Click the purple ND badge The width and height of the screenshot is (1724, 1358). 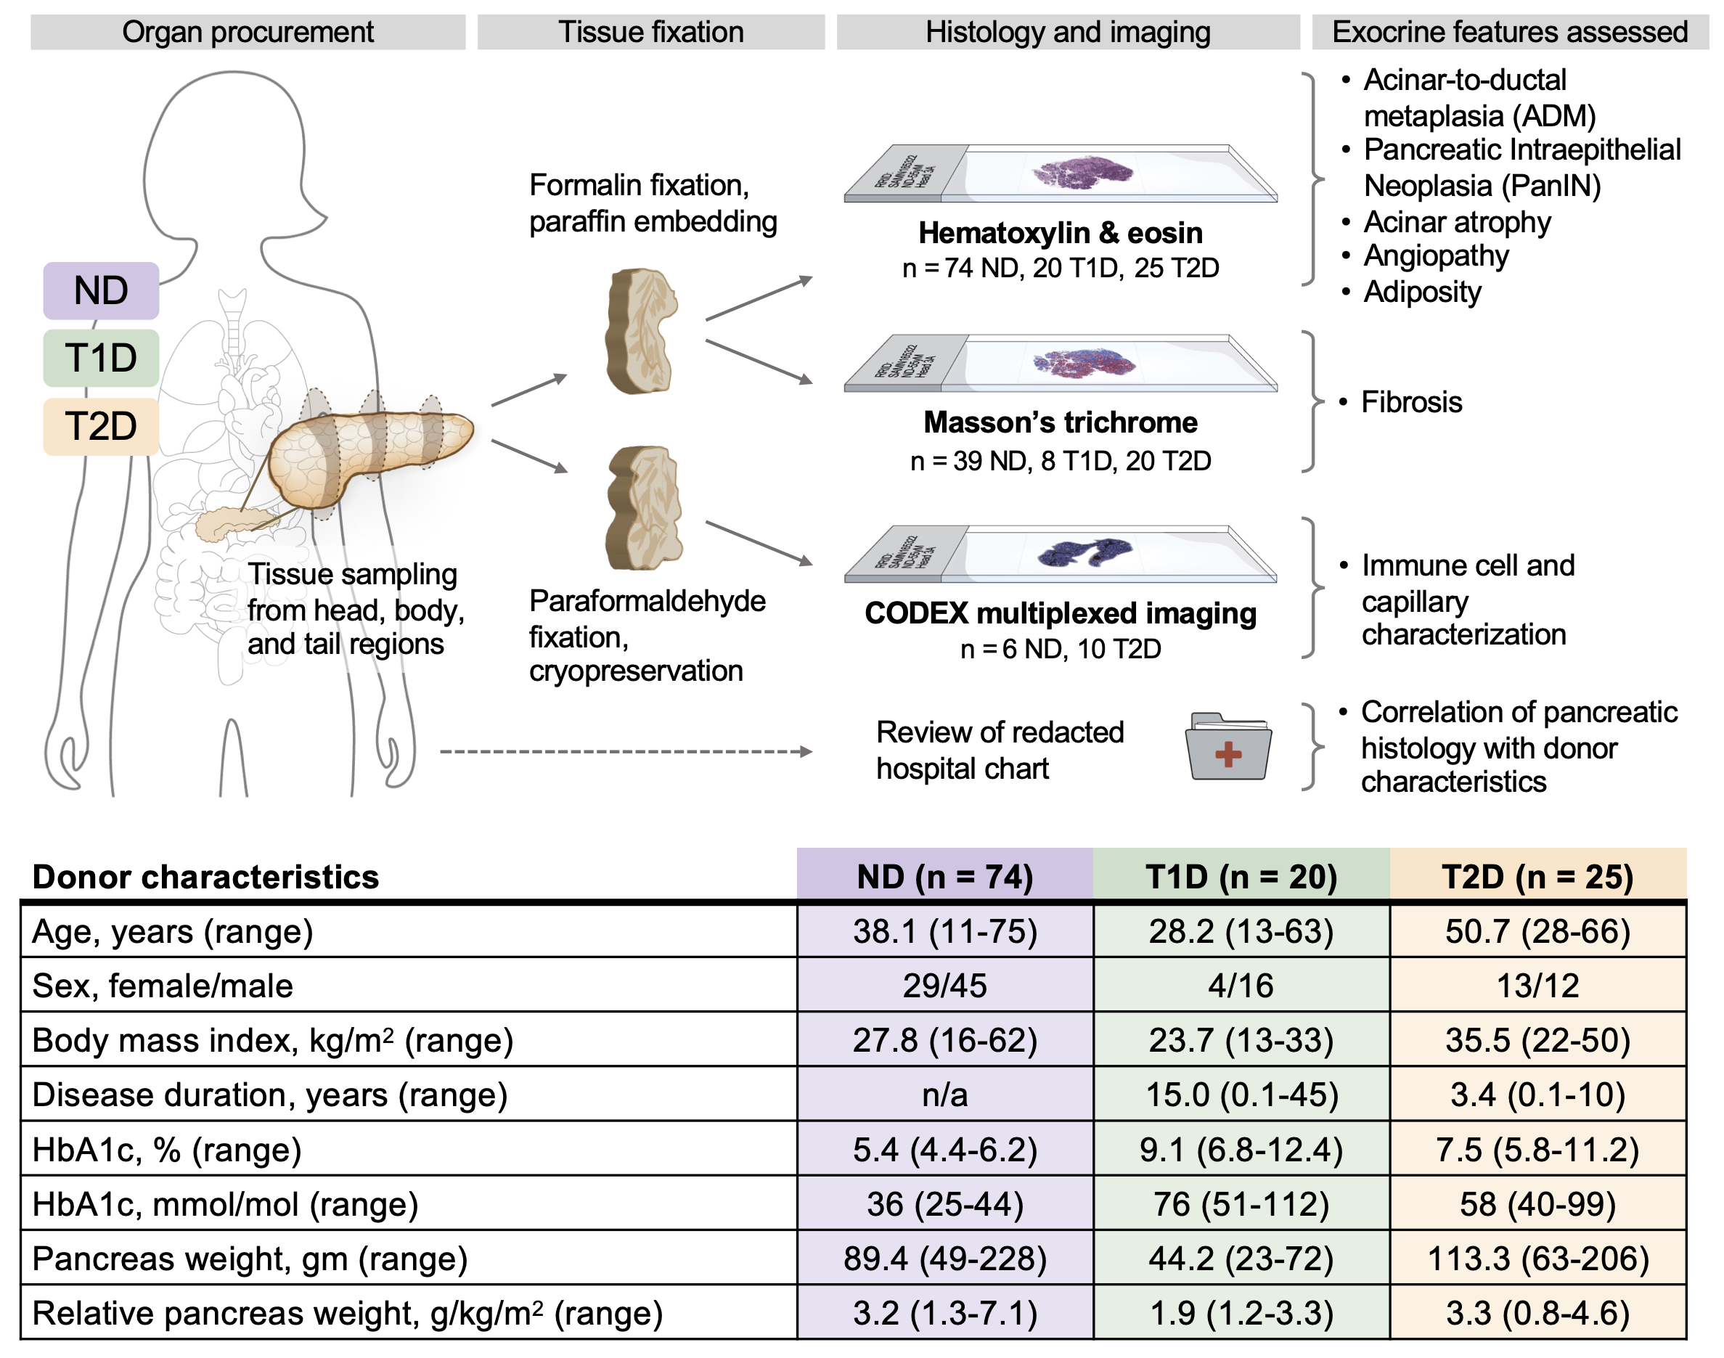(x=101, y=290)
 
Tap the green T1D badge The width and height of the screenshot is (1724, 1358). (x=101, y=358)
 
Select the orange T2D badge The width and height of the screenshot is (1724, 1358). (x=101, y=426)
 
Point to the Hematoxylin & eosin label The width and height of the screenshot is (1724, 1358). (x=1060, y=233)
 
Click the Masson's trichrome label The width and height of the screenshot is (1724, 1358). (x=1060, y=422)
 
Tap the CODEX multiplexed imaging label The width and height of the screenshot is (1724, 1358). (x=1060, y=613)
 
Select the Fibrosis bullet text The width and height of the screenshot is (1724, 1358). (x=1410, y=402)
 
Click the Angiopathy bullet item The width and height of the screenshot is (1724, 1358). (x=1435, y=256)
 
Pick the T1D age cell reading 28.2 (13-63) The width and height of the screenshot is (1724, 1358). (x=1241, y=931)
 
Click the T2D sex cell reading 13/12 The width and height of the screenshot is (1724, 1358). (x=1537, y=986)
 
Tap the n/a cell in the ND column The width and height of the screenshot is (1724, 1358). (x=944, y=1095)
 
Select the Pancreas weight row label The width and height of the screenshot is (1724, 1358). (x=250, y=1259)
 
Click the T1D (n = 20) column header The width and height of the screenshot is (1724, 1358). (x=1241, y=877)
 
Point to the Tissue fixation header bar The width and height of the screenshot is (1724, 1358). (x=650, y=32)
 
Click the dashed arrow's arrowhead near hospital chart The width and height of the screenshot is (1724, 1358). (x=806, y=751)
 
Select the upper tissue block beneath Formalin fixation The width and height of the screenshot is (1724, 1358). (x=641, y=332)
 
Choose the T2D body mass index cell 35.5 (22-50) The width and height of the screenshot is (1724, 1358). (x=1537, y=1040)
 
